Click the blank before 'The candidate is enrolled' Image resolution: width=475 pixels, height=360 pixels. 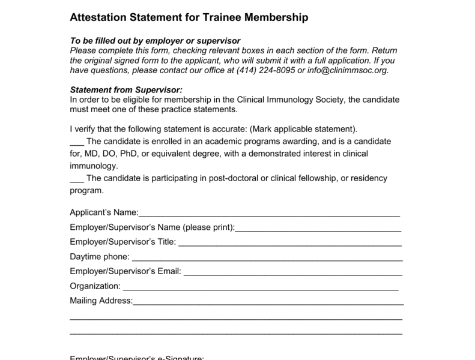[77, 142]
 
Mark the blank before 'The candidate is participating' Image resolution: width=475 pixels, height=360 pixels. [77, 178]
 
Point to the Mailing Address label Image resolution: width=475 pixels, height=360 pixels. [100, 300]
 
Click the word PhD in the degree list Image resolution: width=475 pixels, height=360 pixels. [139, 154]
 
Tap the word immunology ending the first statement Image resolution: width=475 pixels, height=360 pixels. [94, 166]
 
